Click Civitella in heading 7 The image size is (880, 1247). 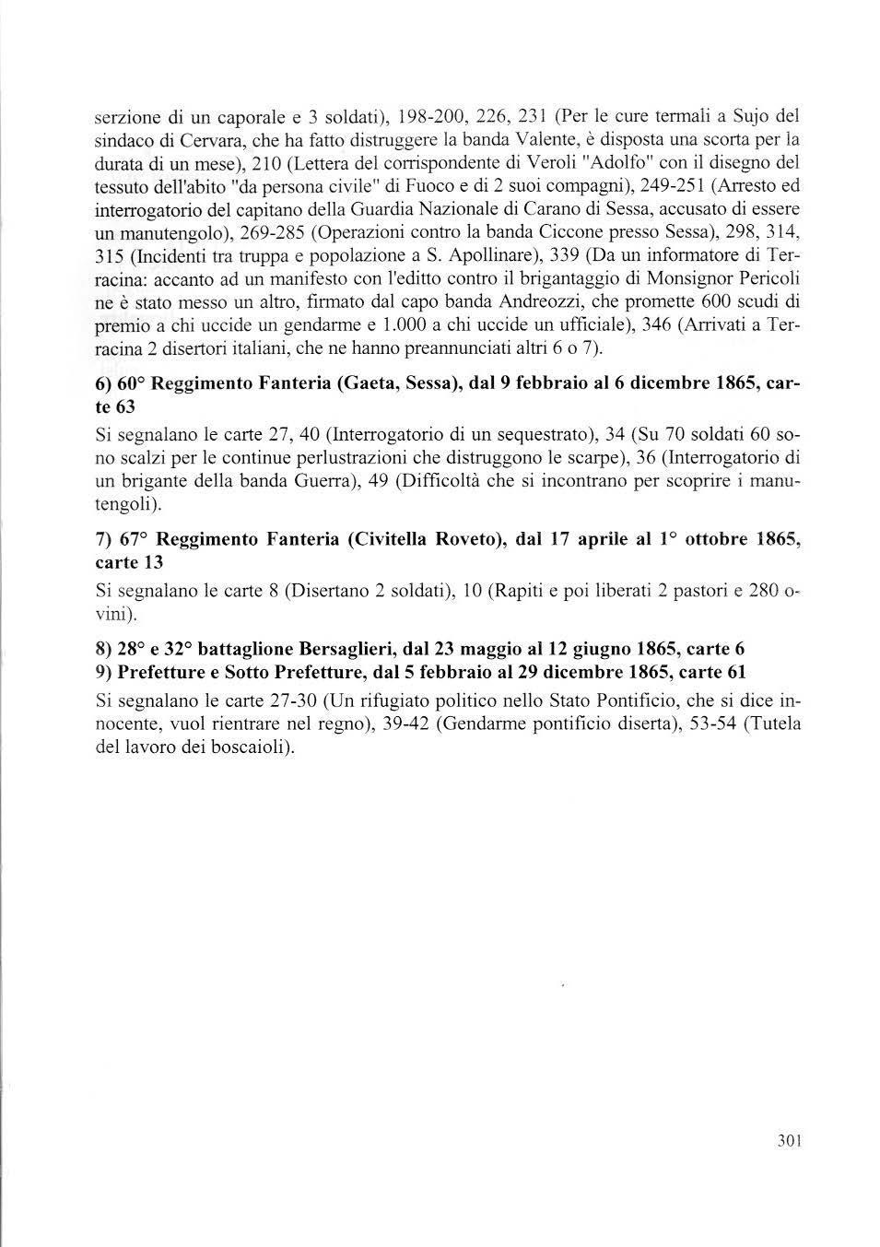[x=395, y=540]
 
